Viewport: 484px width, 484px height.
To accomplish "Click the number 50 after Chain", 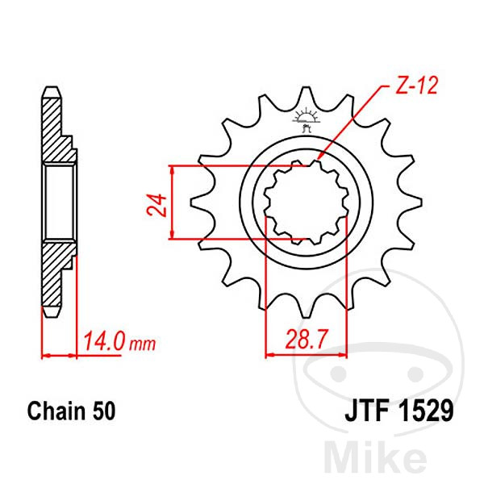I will point(102,411).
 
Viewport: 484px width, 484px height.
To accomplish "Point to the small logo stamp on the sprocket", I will point(306,119).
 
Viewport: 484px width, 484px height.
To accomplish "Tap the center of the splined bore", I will point(306,202).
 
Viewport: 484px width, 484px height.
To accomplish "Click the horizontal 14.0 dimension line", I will point(60,355).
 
